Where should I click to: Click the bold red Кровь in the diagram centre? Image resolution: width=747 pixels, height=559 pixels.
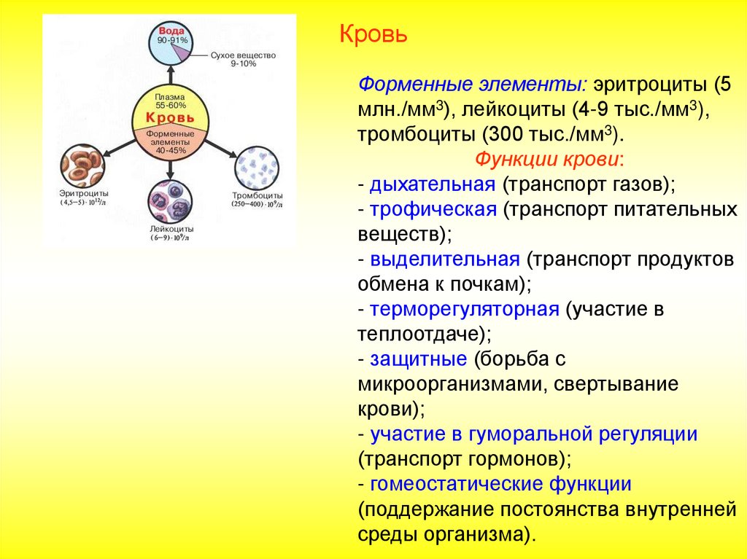(170, 117)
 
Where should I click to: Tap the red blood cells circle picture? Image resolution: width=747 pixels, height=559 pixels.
(82, 166)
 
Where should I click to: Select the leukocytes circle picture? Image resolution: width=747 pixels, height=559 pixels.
(169, 201)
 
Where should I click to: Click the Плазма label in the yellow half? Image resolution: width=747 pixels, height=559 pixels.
(170, 97)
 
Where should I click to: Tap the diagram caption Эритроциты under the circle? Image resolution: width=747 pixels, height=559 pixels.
(84, 194)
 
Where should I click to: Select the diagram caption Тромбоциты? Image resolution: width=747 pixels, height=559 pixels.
(257, 196)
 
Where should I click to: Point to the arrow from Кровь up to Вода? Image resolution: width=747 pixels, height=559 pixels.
(170, 76)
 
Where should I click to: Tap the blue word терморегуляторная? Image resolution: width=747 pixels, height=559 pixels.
(464, 309)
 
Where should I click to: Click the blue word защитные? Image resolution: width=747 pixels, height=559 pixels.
(418, 359)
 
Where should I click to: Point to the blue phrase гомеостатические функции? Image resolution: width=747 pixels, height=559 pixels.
(500, 484)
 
